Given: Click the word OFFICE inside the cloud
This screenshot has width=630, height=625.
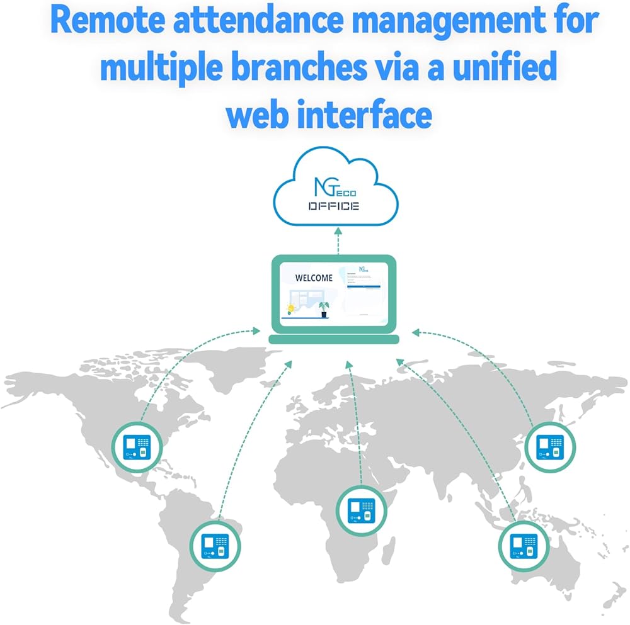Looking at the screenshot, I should (334, 206).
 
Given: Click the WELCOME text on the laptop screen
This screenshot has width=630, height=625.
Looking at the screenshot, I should (314, 278).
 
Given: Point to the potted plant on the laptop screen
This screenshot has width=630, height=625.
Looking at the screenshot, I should (324, 308).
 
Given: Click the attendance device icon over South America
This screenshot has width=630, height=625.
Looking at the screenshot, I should (215, 545).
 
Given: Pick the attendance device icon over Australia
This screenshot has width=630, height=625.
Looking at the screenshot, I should (523, 545).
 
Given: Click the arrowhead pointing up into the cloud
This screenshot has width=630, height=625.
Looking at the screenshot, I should (337, 232).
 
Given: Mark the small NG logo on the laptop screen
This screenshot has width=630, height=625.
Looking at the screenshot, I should (363, 269).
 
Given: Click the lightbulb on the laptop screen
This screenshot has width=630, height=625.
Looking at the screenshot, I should (290, 308).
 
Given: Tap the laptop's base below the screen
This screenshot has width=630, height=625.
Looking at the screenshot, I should (334, 339).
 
